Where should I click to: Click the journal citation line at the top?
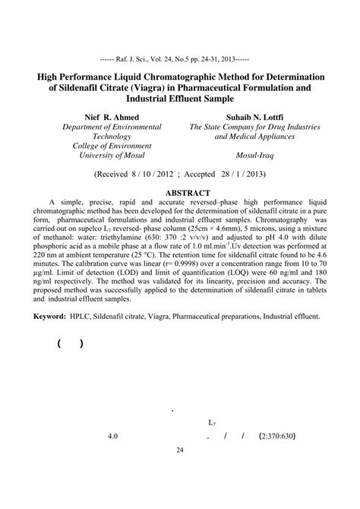179,57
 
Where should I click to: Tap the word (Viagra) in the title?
154,88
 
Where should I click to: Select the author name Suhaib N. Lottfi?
254,117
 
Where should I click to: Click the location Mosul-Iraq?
254,155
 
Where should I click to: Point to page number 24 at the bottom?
180,450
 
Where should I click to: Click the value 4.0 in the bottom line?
114,437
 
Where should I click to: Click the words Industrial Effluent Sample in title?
180,99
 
